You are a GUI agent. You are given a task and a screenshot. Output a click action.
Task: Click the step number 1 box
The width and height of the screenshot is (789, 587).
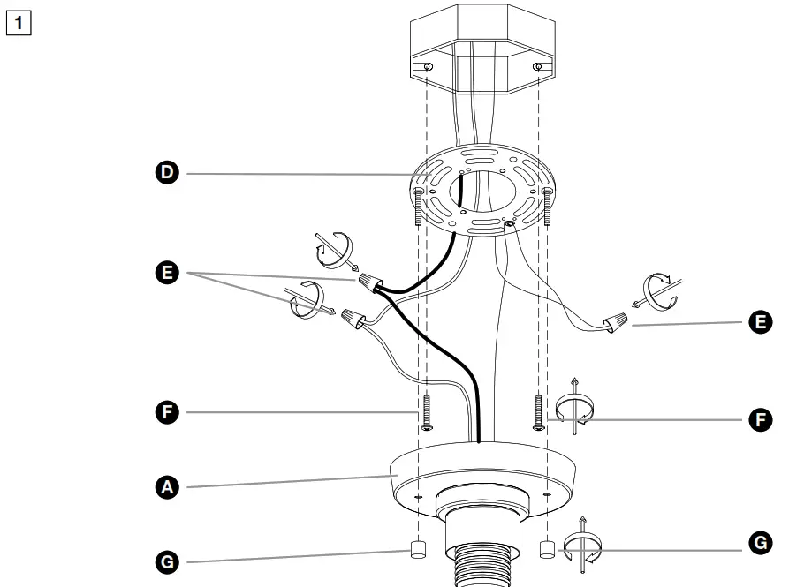coord(19,19)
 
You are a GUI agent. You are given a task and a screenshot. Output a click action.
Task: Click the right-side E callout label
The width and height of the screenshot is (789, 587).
coord(757,323)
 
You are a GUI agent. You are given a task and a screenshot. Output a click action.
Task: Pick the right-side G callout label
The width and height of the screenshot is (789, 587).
coord(757,543)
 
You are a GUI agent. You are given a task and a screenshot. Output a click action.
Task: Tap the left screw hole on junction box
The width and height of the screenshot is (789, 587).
coord(428,69)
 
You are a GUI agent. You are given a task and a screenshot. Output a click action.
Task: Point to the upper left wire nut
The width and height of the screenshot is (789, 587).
coord(369,282)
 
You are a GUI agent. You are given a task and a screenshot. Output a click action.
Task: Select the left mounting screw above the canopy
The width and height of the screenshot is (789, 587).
coord(427,411)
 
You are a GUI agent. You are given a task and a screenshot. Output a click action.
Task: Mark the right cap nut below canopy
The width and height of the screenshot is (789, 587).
coord(546,549)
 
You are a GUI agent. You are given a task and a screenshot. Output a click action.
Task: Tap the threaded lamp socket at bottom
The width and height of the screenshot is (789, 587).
coord(482,556)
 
